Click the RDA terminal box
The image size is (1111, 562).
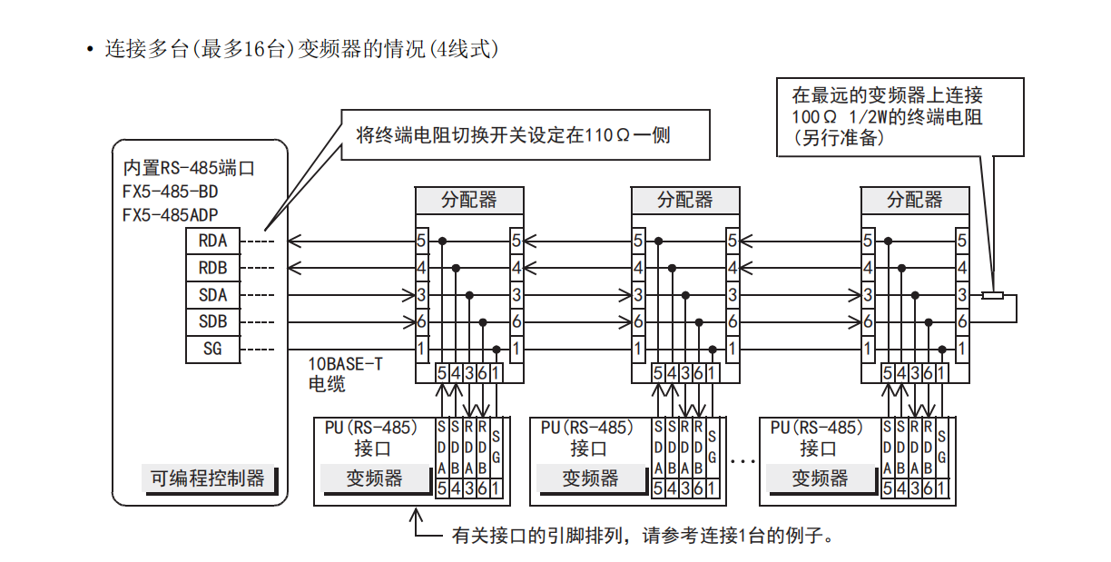point(212,242)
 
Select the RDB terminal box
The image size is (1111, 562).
point(212,269)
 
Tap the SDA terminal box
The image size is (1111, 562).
point(212,295)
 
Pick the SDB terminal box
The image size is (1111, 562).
point(212,322)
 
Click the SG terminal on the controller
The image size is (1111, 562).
point(212,349)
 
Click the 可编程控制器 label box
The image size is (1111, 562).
point(208,478)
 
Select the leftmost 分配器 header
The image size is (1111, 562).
point(469,200)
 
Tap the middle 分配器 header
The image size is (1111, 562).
point(685,200)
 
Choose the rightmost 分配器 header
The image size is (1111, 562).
point(915,200)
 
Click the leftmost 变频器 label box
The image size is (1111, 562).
point(374,478)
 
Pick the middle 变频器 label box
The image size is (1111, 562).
point(590,478)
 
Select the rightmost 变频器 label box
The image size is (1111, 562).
point(820,478)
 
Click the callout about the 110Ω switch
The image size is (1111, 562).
point(513,135)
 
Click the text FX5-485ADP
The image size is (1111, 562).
point(171,215)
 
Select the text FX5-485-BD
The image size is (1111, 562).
point(171,192)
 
